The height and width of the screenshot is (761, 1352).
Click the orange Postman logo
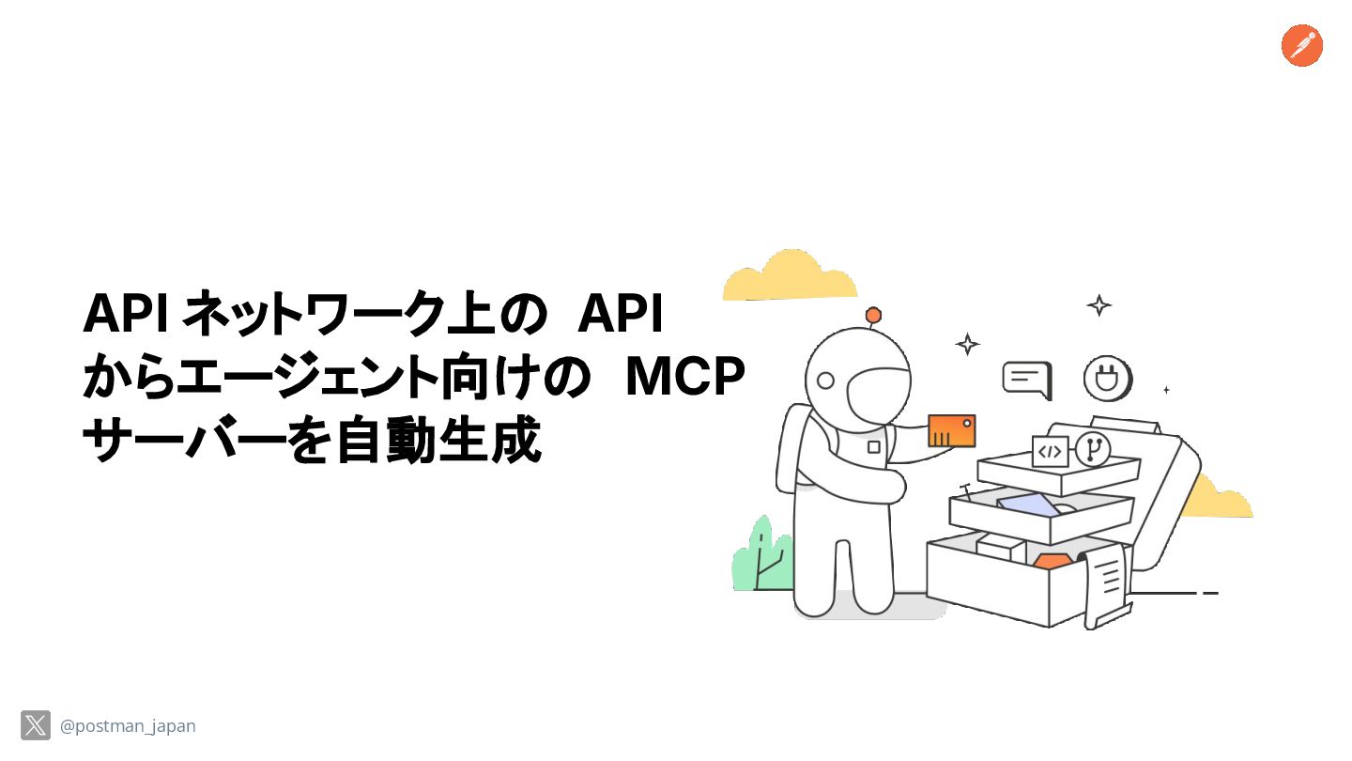click(1301, 46)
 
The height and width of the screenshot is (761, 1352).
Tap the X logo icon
click(36, 725)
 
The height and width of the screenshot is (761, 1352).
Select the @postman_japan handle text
click(128, 726)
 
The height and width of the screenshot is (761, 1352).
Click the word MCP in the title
click(684, 377)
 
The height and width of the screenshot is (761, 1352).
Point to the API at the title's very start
click(125, 314)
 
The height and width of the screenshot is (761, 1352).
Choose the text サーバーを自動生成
click(312, 442)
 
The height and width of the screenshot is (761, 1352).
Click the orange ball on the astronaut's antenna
click(873, 315)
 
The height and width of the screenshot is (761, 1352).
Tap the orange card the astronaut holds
click(951, 430)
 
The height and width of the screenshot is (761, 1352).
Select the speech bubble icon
click(1026, 380)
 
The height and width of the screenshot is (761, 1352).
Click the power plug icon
click(1106, 378)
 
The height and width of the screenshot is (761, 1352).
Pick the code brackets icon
click(1050, 452)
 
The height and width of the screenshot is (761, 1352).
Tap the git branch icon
click(1092, 449)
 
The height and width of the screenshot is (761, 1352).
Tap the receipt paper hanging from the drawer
click(1106, 582)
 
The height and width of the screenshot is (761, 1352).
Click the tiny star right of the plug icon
click(1166, 389)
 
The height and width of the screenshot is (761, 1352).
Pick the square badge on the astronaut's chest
click(873, 447)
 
